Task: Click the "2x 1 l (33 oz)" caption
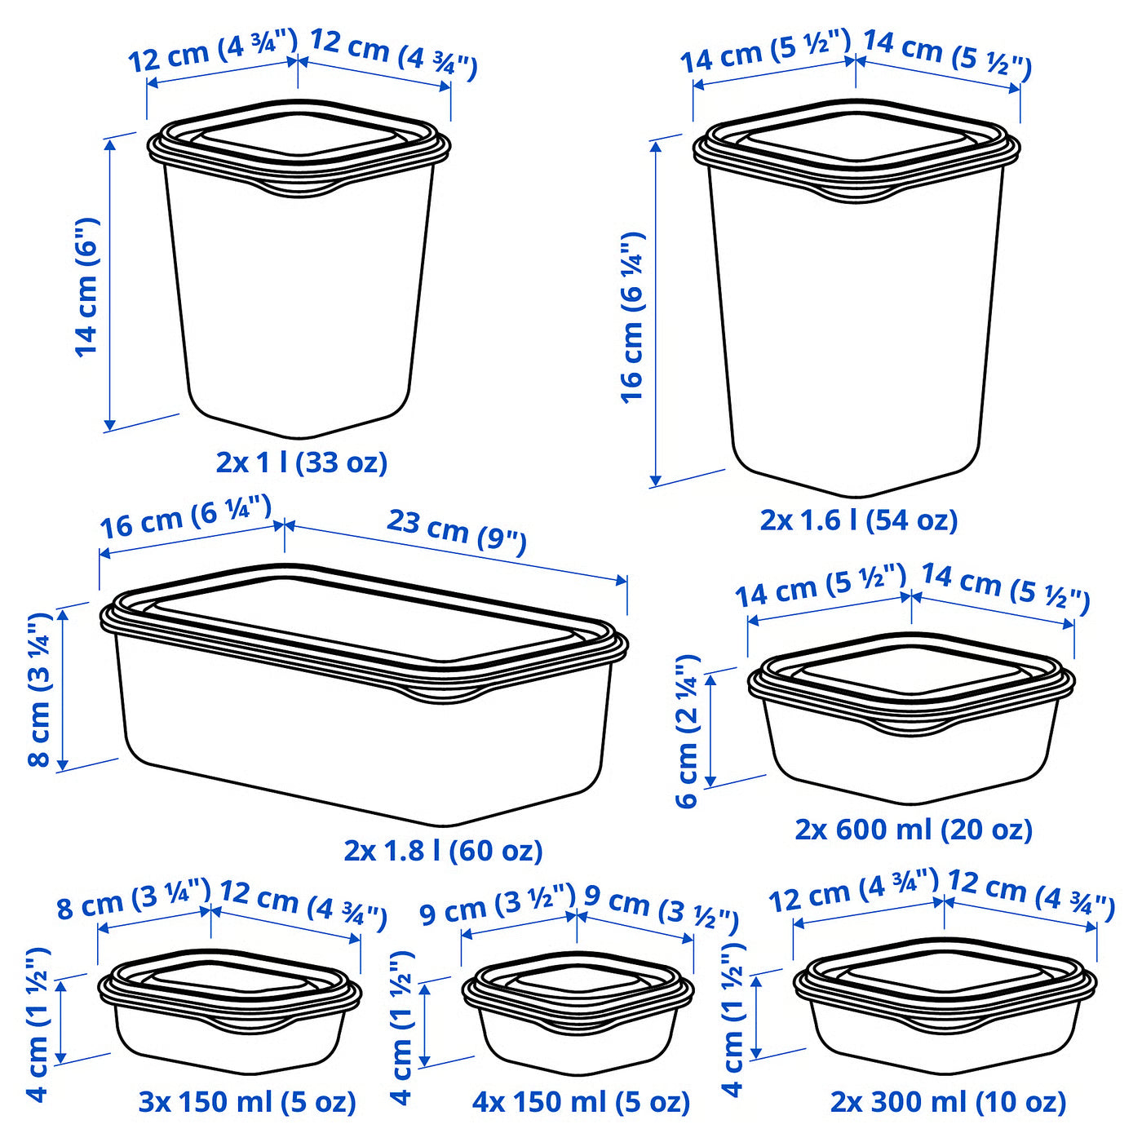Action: pos(301,463)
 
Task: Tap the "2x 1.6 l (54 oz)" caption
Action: pos(858,520)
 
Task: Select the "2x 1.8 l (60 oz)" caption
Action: pos(443,851)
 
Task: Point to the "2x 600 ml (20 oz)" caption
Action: pos(914,830)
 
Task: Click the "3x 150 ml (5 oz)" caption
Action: pos(247,1102)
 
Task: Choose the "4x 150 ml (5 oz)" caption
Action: pos(581,1102)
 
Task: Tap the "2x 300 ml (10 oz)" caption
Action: pos(948,1102)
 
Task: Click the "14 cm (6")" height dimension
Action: pos(86,287)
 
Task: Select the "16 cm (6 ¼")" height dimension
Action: pos(633,318)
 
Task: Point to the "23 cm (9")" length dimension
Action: pos(456,532)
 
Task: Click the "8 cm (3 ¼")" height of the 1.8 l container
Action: pos(39,689)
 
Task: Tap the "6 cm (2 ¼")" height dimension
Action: pos(688,730)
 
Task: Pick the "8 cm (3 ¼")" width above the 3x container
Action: pos(134,899)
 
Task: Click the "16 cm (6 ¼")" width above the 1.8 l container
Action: pos(185,516)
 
